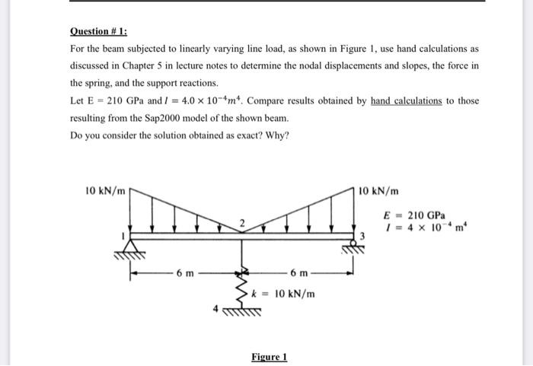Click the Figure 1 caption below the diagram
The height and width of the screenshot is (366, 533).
[x=269, y=357]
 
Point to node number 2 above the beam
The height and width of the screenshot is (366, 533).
[x=241, y=222]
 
